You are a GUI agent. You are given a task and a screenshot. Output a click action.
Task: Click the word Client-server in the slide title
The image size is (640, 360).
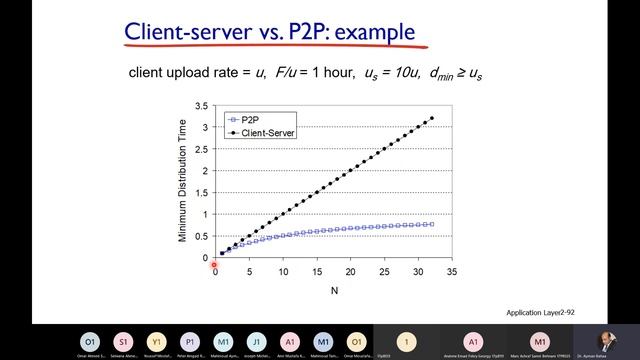point(184,31)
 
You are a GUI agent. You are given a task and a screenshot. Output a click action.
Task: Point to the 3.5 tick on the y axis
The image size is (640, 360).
point(202,105)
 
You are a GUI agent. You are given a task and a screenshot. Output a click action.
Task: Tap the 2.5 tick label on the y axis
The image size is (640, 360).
point(202,148)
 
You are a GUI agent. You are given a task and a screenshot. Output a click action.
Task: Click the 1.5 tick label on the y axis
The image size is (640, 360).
point(202,192)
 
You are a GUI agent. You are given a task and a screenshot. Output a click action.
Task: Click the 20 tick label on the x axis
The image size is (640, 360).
point(350,271)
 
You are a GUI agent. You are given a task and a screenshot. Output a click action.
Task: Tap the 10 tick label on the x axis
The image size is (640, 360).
point(283,271)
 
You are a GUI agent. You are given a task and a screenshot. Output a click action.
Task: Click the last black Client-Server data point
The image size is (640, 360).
point(432,118)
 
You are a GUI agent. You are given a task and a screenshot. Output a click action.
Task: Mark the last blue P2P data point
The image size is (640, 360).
point(432,223)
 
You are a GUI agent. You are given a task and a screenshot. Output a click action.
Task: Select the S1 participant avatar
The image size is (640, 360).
point(123,340)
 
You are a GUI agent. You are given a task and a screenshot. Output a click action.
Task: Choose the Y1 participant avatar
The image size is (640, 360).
point(156,340)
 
